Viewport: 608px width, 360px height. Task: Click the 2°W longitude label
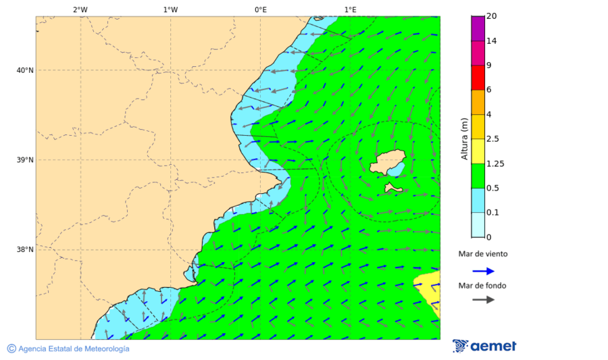click(80, 9)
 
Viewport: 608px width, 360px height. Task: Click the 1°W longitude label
click(170, 9)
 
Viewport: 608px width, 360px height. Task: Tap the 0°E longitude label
click(260, 9)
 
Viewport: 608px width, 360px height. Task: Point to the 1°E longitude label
click(350, 9)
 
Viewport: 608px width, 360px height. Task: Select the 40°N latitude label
click(25, 70)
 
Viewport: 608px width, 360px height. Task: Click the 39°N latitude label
click(25, 160)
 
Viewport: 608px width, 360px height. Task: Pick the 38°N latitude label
click(25, 250)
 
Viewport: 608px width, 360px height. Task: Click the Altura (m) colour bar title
click(464, 138)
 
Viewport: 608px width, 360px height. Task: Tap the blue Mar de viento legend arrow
click(483, 271)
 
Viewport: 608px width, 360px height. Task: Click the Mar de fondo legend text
click(482, 286)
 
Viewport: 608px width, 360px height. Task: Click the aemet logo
click(484, 346)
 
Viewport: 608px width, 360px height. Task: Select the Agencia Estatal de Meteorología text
click(73, 349)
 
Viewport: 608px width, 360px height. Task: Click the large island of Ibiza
click(386, 162)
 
